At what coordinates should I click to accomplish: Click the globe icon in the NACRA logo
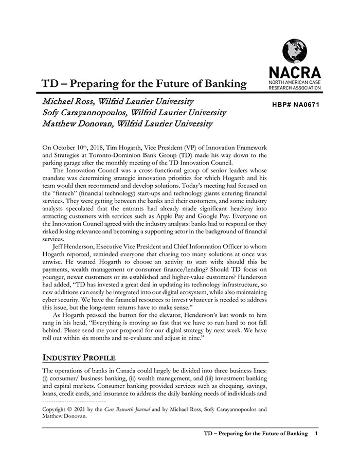tap(294, 51)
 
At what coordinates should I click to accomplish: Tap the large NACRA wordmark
tap(295, 73)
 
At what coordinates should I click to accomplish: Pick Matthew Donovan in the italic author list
tap(77, 123)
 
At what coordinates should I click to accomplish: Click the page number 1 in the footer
tap(316, 434)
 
